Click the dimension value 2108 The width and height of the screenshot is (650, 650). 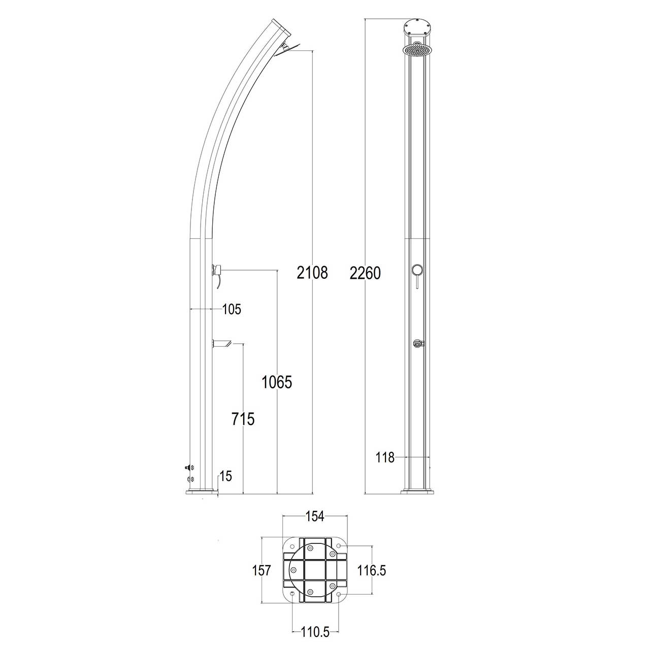pos(312,273)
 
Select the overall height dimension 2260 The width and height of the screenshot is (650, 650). pos(365,273)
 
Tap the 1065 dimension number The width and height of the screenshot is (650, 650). pos(277,382)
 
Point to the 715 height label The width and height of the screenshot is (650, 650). pos(243,419)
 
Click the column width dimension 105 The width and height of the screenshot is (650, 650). pos(232,309)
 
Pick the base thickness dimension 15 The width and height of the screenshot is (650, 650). pos(226,476)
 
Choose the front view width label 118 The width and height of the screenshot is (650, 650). pos(385,458)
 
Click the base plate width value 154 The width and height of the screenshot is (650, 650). pos(314,516)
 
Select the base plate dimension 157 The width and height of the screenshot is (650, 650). pos(262,570)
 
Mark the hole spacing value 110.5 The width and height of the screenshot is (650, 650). pos(315,632)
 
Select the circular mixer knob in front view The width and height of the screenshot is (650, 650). pos(417,271)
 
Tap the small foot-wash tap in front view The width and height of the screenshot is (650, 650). pos(417,344)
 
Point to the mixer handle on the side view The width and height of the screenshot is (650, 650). pos(217,272)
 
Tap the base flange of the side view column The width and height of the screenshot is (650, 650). pos(202,492)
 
